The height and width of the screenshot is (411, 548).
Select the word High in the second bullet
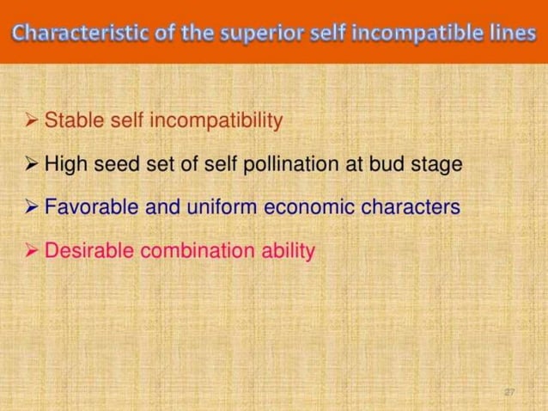coord(64,163)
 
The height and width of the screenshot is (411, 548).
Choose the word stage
coord(440,164)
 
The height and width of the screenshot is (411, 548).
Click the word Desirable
coord(84,251)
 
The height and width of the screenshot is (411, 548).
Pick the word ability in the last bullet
coord(289,252)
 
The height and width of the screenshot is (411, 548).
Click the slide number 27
coord(509,392)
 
